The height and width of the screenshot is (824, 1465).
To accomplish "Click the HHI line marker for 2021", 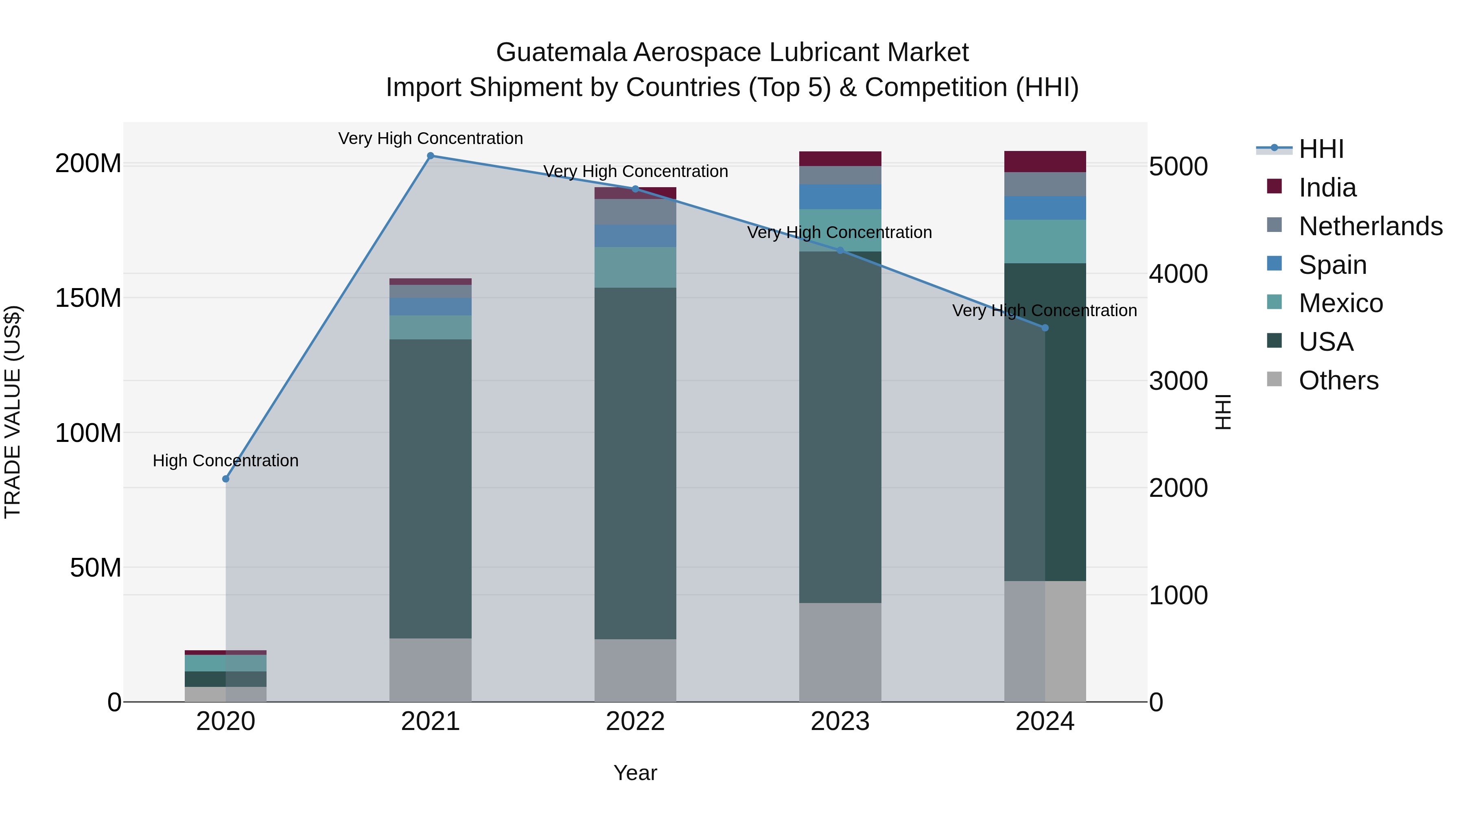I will click(x=431, y=156).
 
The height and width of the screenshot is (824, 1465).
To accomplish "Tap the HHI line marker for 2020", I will click(x=226, y=479).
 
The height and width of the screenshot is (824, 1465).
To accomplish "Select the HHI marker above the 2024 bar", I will click(x=1045, y=328).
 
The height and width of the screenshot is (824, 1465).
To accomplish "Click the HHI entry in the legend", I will click(x=1321, y=149).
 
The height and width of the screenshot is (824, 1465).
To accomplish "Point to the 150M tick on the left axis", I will click(x=88, y=298).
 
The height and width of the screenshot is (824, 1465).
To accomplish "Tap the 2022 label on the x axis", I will click(x=635, y=721).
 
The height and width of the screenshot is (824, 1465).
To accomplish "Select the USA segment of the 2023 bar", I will click(x=840, y=426).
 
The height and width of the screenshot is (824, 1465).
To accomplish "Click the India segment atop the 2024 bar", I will click(x=1045, y=162).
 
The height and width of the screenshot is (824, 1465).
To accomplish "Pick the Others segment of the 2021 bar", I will click(x=431, y=670).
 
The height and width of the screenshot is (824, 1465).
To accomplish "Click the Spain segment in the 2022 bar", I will click(x=635, y=236).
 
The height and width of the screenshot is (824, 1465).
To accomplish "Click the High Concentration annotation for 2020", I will click(x=226, y=461).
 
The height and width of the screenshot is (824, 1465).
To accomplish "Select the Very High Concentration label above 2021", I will click(x=431, y=138).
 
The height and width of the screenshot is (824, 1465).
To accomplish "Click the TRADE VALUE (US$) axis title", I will click(x=13, y=412).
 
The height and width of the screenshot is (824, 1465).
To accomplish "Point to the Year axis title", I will click(x=635, y=773).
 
